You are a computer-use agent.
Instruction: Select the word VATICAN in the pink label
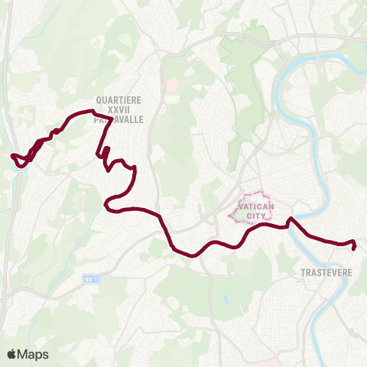pos(255,206)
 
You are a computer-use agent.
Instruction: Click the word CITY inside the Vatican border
pos(255,216)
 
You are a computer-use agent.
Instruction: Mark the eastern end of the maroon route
pos(353,248)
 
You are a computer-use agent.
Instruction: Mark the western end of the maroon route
pos(12,156)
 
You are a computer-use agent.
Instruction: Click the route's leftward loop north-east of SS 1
pos(106,204)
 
